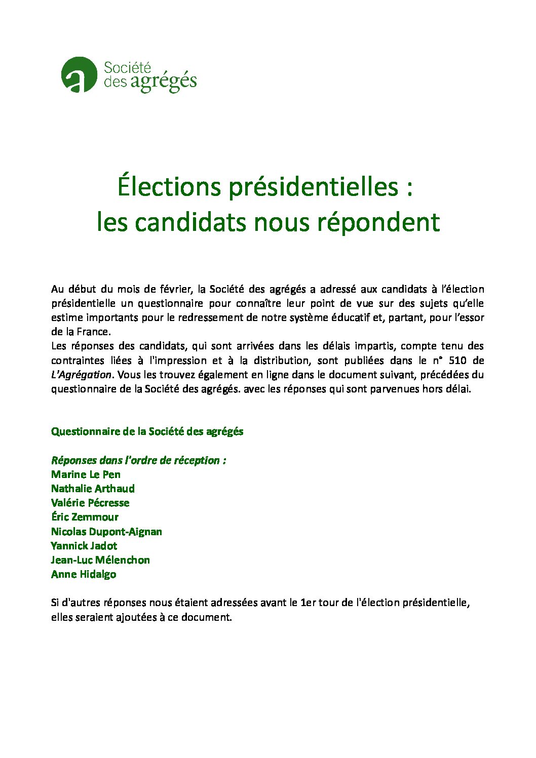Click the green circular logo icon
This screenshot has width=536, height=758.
pyautogui.click(x=79, y=75)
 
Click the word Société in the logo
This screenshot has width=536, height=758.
pyautogui.click(x=127, y=67)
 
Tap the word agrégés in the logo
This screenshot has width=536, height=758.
pyautogui.click(x=163, y=82)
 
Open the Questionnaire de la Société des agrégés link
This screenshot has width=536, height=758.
pyautogui.click(x=147, y=432)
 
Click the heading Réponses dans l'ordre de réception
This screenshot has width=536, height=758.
pyautogui.click(x=138, y=460)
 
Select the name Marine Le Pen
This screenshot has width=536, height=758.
pyautogui.click(x=86, y=474)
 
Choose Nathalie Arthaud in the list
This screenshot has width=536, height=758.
pyautogui.click(x=93, y=489)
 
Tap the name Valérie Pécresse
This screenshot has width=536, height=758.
pyautogui.click(x=90, y=503)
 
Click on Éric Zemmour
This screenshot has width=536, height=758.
pyautogui.click(x=85, y=517)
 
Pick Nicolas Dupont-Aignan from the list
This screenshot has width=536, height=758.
pyautogui.click(x=106, y=532)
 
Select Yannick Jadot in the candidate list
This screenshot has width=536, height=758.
pyautogui.click(x=84, y=546)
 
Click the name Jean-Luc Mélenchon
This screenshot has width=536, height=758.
pyautogui.click(x=100, y=560)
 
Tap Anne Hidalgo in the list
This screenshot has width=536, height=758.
pyautogui.click(x=84, y=574)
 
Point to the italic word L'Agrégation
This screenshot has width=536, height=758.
pyautogui.click(x=81, y=375)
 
